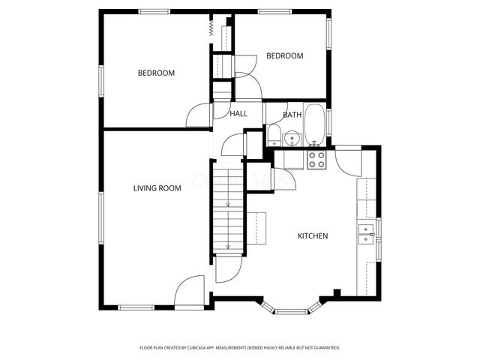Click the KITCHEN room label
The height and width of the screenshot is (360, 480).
coord(313,236)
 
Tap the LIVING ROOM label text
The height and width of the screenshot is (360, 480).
coord(157,188)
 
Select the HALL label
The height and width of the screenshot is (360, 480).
coord(238,114)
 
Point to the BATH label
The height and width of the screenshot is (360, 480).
coord(292,115)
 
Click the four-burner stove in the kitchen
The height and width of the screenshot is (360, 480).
coord(316,159)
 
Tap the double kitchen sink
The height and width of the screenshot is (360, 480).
coord(367,235)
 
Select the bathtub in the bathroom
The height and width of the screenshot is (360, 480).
coord(315,126)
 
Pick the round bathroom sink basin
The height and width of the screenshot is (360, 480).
coord(292,137)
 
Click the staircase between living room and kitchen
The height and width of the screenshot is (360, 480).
coord(227,206)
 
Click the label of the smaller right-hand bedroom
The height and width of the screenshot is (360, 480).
coord(285,56)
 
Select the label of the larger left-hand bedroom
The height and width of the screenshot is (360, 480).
coord(156,73)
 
